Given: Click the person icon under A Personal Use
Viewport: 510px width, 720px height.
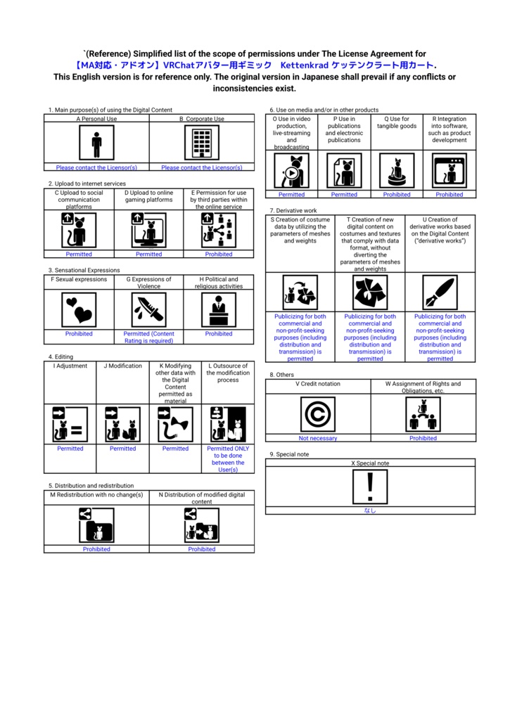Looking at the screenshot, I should point(96,144).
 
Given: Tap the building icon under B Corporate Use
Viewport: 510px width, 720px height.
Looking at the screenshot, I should point(202,144).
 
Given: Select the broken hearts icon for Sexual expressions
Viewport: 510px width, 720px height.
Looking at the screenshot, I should point(79,309).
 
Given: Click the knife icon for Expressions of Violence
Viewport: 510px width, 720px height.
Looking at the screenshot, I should point(149,309).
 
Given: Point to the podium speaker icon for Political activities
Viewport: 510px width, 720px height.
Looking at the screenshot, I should point(219,309).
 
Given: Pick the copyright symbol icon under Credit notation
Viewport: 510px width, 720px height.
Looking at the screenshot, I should point(318,414).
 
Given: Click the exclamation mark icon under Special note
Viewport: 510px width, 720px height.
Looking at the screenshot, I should point(370,487).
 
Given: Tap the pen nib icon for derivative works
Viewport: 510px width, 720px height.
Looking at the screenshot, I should point(440,292).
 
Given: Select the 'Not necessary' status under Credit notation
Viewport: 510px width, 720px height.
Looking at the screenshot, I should point(318,438).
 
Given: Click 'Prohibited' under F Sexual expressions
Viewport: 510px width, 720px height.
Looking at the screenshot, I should point(79,334).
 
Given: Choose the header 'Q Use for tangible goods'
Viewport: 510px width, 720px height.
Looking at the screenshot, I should point(397,123).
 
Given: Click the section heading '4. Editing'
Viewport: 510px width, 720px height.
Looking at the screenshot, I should point(60,357).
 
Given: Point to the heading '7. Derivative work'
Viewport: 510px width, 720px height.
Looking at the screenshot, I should point(293,210).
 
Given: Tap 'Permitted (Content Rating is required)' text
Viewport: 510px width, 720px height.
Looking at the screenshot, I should point(149,337).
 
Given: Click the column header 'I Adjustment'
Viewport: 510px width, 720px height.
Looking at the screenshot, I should point(70,366).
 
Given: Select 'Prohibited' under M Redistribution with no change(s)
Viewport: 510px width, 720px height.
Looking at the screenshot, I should point(96,549).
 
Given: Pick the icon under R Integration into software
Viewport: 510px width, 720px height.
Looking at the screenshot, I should point(449,171).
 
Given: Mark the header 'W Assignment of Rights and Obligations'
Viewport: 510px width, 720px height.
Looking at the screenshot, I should point(423,387).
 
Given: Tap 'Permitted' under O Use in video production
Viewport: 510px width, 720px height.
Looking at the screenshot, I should point(291,195).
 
